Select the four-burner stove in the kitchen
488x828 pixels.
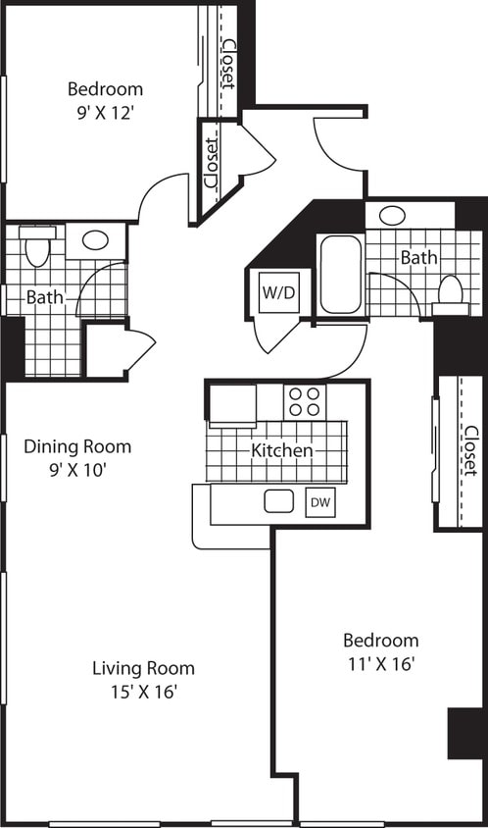304,401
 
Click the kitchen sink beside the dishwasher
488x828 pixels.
279,500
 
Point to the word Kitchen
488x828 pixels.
282,450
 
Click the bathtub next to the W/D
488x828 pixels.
341,275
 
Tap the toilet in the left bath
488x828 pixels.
37,249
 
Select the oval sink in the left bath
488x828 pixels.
95,240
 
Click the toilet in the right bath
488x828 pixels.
451,292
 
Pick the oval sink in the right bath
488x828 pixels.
393,216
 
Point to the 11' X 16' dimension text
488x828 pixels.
380,664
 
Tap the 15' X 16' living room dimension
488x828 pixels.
143,692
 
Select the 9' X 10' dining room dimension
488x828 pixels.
77,470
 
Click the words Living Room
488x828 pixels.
143,668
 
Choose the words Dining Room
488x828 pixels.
77,446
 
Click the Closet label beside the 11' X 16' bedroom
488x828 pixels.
470,450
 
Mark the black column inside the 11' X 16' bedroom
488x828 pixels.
465,733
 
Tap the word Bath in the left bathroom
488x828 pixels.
44,296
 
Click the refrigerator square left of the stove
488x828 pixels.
233,402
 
